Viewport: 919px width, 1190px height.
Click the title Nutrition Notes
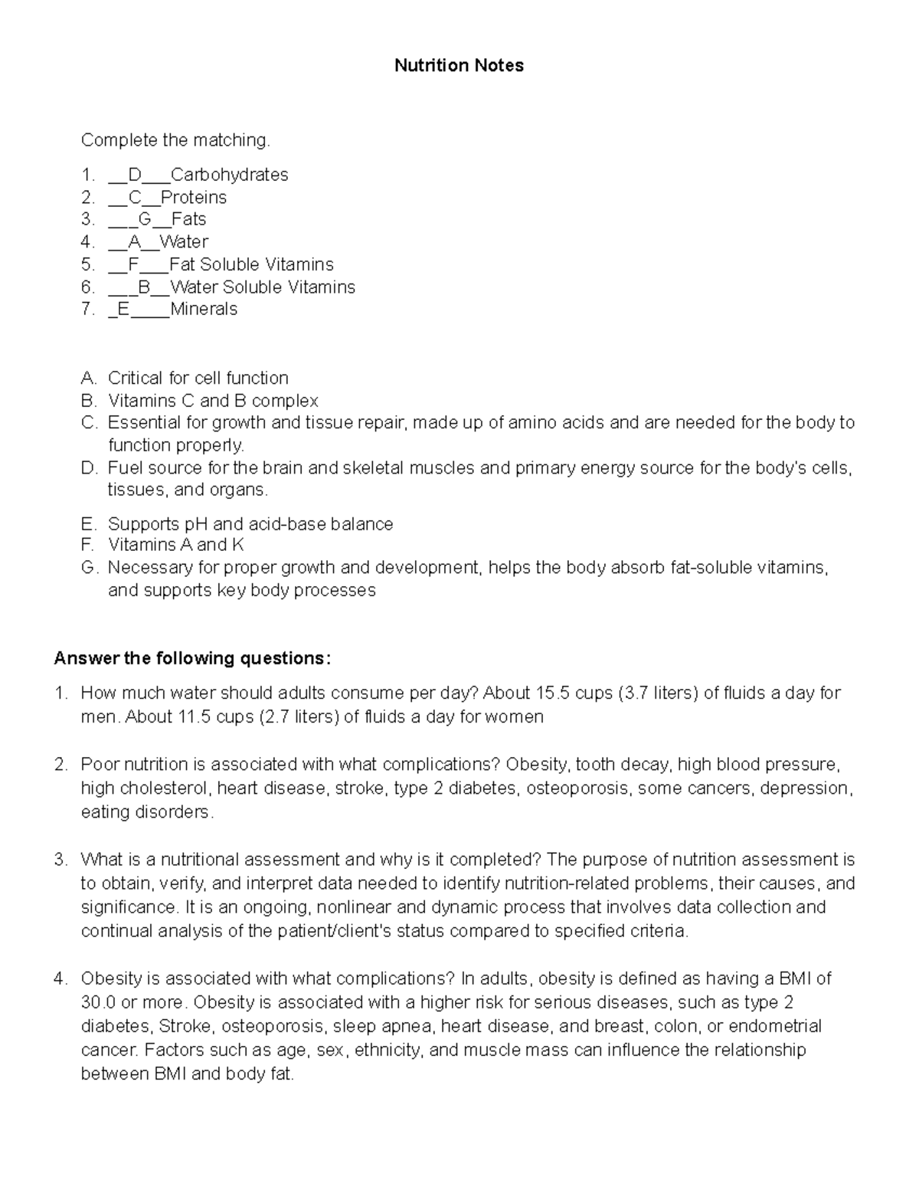coord(459,66)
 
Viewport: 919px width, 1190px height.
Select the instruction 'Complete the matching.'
coord(175,140)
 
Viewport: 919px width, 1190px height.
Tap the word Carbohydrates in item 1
coord(229,175)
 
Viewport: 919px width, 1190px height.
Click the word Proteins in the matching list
coord(194,198)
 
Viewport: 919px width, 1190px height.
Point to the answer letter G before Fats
coord(145,220)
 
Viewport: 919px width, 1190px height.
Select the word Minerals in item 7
coord(204,310)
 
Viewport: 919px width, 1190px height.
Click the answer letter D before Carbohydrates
coord(135,175)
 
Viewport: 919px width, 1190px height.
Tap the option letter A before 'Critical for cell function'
coord(89,379)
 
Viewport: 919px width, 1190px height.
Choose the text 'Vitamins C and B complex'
coord(213,401)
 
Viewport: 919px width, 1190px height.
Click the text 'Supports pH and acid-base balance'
coord(250,524)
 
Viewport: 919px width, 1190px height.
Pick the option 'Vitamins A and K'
coord(176,545)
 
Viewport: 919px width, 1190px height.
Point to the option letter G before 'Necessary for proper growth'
coord(89,568)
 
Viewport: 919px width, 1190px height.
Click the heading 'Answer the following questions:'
coord(193,659)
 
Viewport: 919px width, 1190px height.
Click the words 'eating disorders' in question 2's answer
coord(146,812)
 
